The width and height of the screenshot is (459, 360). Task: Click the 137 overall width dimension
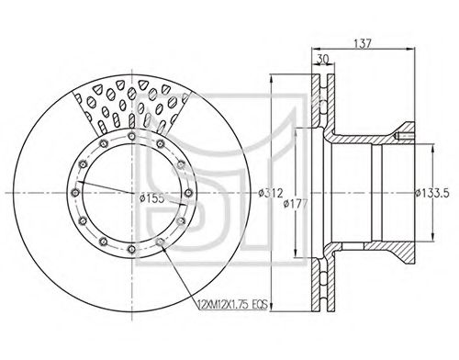(362, 44)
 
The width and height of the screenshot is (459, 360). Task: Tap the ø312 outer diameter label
(270, 193)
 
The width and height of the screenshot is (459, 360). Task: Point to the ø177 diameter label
(295, 203)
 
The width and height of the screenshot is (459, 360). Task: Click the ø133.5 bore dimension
(431, 193)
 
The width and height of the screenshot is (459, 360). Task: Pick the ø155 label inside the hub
(151, 198)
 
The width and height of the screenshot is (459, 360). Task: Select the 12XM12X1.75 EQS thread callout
(233, 305)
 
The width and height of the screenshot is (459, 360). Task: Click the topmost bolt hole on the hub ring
(131, 136)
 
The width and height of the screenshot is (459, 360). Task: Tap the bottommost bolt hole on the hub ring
(131, 249)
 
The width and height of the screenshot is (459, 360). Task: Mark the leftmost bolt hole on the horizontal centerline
(75, 193)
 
